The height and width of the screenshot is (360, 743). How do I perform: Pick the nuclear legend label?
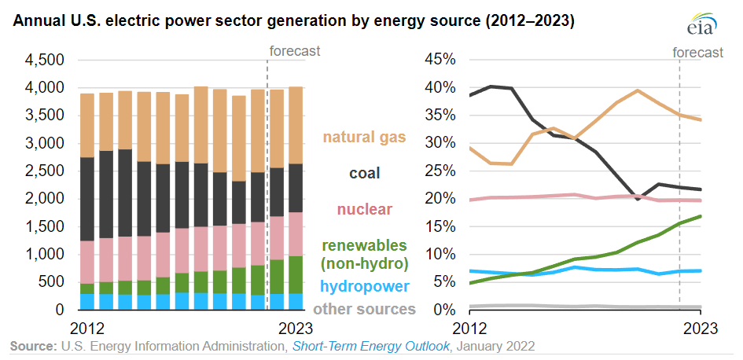coord(364,209)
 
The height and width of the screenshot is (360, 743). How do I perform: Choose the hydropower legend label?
coord(364,286)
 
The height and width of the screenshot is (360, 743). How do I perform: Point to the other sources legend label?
coord(364,309)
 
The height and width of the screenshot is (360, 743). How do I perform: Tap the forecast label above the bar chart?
coord(295,52)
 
